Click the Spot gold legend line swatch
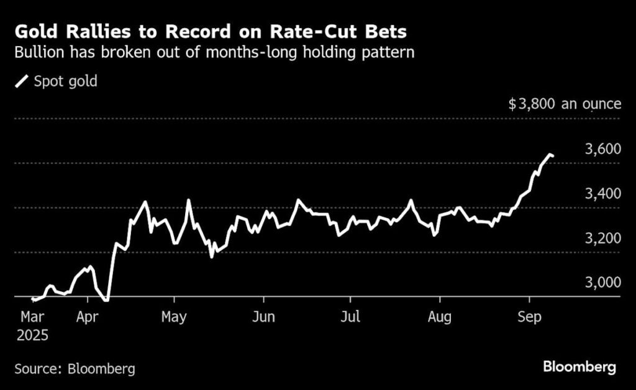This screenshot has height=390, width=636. (x=22, y=81)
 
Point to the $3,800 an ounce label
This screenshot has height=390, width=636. (x=565, y=104)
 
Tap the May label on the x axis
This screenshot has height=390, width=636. (x=175, y=316)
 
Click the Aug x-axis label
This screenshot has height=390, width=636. (x=440, y=316)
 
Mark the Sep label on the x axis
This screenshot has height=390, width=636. (x=529, y=316)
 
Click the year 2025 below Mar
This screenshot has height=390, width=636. (x=32, y=336)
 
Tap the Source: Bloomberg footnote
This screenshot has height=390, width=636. (x=75, y=368)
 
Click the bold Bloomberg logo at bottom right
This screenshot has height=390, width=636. (x=579, y=367)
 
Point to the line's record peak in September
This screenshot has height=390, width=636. (x=550, y=154)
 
